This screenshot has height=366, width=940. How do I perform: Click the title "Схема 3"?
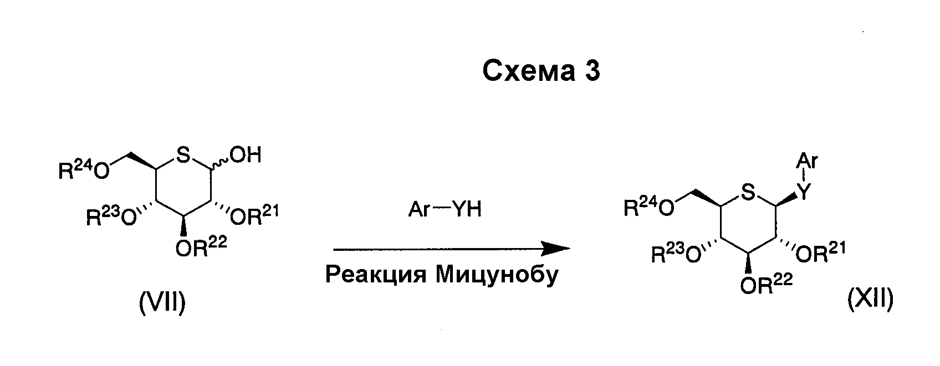click(541, 70)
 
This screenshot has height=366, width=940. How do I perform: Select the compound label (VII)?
click(162, 303)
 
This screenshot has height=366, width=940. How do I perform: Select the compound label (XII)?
click(871, 299)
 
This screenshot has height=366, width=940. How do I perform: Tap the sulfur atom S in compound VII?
click(183, 156)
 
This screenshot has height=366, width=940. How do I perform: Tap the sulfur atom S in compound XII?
click(748, 193)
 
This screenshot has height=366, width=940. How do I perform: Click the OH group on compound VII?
click(246, 154)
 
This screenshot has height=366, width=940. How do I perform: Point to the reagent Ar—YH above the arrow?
click(445, 209)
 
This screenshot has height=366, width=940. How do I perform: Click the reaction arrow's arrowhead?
click(556, 248)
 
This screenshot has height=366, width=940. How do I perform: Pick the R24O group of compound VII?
click(84, 170)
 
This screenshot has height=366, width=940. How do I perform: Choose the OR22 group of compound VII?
click(201, 246)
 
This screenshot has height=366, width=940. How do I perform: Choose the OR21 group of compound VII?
click(255, 215)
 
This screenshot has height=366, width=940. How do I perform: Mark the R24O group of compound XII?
click(649, 207)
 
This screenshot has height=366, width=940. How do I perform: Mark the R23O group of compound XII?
click(677, 253)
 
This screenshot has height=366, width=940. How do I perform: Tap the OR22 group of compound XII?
click(767, 284)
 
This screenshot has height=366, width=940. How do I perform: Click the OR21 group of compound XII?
click(820, 252)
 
